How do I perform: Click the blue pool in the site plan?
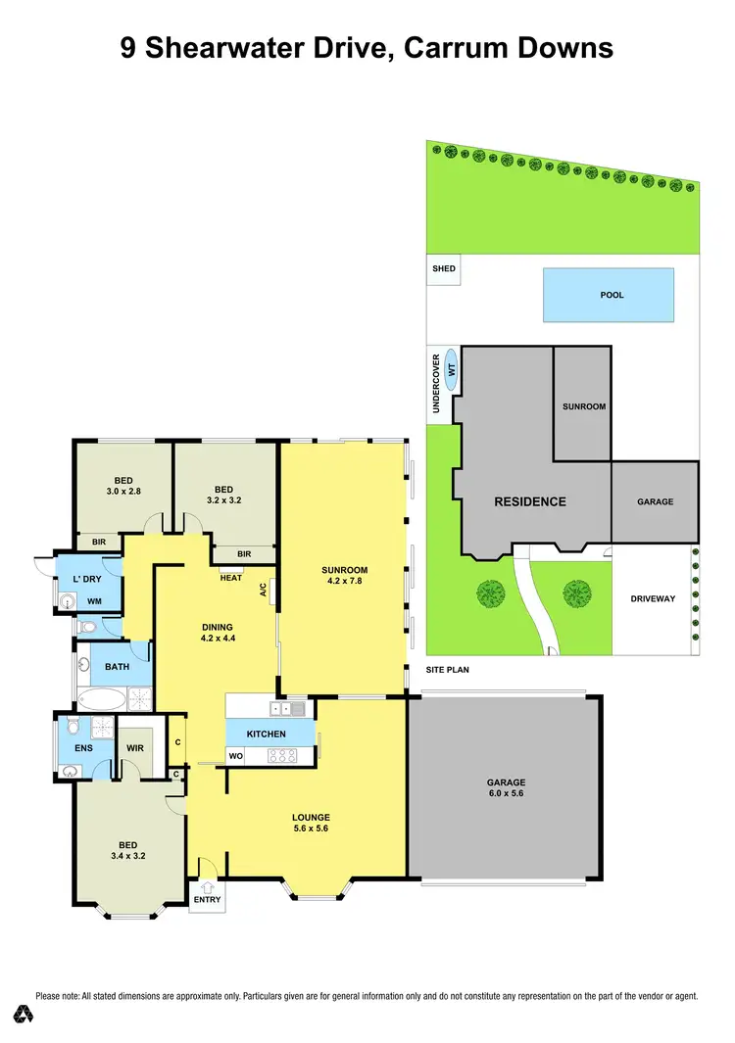coord(610,295)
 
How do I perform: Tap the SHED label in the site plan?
coord(444,268)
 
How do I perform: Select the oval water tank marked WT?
coord(452,370)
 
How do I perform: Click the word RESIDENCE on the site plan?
coord(529,501)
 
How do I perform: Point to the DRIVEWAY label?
coord(652,598)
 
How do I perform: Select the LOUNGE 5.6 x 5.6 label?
coord(311,824)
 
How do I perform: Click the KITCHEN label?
coord(266,734)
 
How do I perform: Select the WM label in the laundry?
coord(95,601)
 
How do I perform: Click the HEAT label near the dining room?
coord(230,578)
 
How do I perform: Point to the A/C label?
coord(263,591)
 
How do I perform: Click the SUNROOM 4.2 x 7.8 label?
coord(344,577)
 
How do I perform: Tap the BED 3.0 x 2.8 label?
coord(123,486)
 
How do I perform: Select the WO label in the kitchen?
coord(235,757)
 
